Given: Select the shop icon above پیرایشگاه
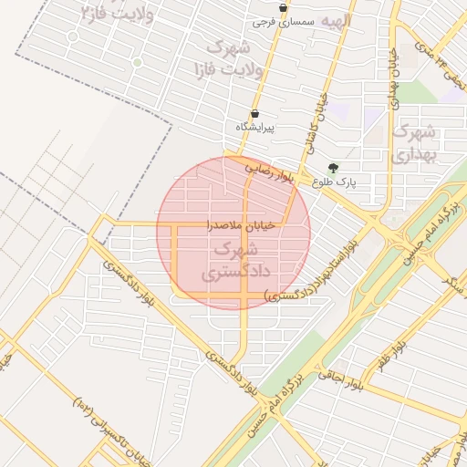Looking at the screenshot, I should [x=254, y=114].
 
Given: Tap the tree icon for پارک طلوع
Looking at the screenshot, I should [x=331, y=168].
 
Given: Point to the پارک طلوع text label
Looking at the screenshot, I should [x=334, y=182].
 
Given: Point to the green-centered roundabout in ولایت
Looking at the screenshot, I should [x=137, y=62].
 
